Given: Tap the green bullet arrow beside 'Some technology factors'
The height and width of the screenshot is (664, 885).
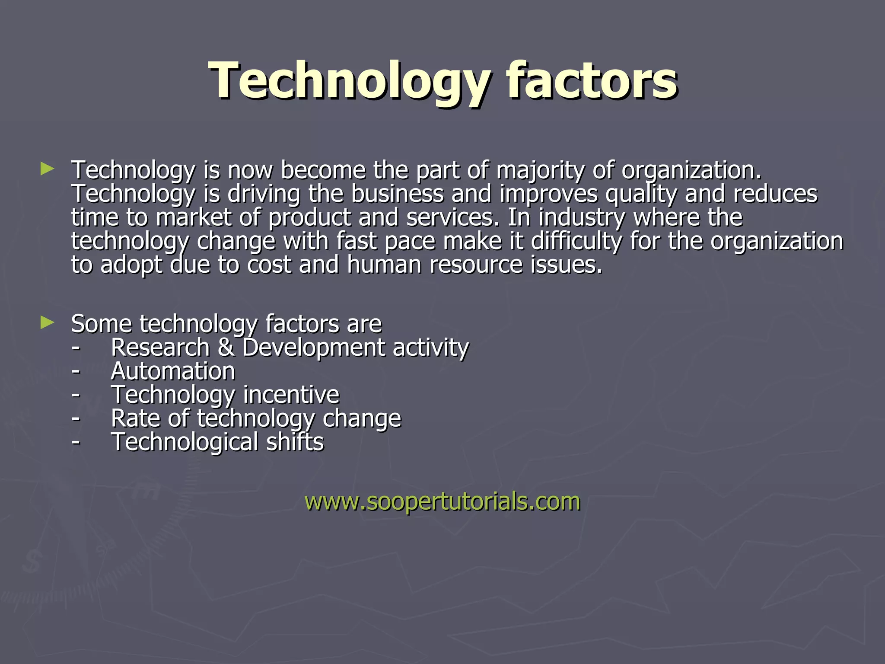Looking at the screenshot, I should coord(47,322).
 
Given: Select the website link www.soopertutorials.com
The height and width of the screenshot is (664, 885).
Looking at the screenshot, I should coord(442,501).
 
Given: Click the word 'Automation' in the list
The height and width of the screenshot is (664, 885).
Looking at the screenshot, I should coord(173,371).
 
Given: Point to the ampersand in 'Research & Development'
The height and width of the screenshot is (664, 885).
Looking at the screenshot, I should coord(226,348).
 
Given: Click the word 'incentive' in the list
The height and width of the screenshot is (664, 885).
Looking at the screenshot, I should coord(291,395).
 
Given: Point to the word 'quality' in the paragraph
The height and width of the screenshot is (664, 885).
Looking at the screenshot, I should coord(641,195).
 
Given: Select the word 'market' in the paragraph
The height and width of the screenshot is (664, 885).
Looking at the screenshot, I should coord(194,218).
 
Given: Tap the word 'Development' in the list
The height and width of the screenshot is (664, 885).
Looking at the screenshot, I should coord(314,348).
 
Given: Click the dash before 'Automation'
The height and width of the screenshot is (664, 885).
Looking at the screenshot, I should coord(76,371).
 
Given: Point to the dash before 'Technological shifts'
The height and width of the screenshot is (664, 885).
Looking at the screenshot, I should coord(76,442).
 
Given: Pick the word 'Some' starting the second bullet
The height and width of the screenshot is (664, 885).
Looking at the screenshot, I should coord(101,324).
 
